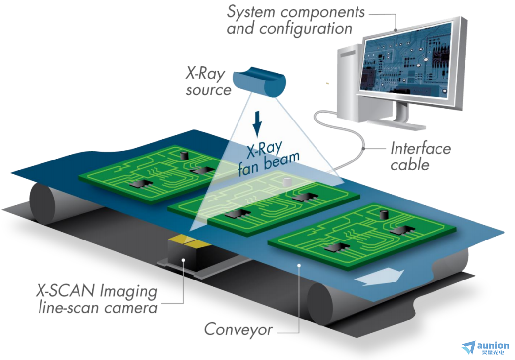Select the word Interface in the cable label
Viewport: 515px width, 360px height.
click(x=420, y=148)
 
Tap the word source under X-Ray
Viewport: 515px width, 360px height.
click(x=208, y=90)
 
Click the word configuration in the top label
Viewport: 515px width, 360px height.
click(x=306, y=28)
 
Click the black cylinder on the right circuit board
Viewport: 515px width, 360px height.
click(x=383, y=214)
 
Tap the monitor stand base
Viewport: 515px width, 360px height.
click(x=405, y=124)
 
